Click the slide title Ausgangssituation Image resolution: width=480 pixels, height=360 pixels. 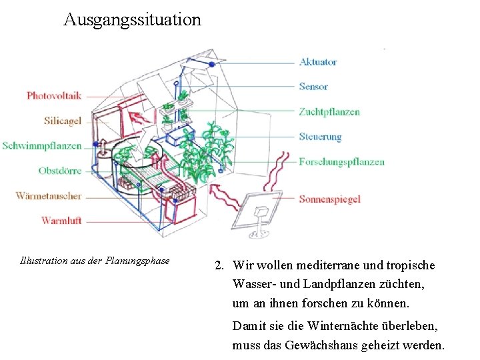click(132, 19)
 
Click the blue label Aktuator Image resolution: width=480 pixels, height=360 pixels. click(318, 62)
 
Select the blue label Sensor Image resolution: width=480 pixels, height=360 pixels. click(313, 87)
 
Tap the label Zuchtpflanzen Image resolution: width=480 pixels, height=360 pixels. click(329, 111)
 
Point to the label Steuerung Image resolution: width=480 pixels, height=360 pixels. click(320, 137)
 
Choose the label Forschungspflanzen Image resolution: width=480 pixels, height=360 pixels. click(341, 161)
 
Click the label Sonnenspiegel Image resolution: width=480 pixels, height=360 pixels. click(329, 199)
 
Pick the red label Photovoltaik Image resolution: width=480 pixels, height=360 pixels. click(54, 95)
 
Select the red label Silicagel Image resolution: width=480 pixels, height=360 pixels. click(63, 121)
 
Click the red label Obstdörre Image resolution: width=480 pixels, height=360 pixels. click(60, 171)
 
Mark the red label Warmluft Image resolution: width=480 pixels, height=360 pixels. click(61, 221)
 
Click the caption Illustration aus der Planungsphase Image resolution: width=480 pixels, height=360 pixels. click(95, 261)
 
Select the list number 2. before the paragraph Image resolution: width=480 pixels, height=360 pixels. click(219, 265)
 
